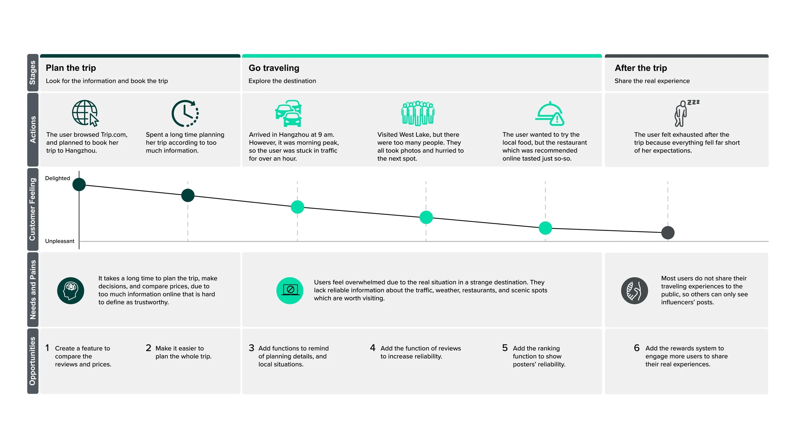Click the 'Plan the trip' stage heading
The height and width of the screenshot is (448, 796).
click(x=71, y=68)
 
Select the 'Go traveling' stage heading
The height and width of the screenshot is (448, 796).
click(x=274, y=68)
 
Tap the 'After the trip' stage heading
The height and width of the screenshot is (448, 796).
click(x=641, y=68)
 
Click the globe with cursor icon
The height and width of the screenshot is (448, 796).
click(x=85, y=113)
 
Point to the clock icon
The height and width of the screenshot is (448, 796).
click(x=185, y=113)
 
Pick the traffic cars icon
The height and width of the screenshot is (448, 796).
click(x=288, y=113)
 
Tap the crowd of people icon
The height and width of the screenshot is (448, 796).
click(x=418, y=113)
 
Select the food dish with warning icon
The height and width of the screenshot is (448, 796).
click(x=550, y=114)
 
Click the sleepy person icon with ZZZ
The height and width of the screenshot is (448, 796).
click(x=685, y=113)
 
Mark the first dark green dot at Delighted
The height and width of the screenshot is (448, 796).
click(x=79, y=184)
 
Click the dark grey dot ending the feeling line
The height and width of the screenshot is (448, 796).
click(x=668, y=233)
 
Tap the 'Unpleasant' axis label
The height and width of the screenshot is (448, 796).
click(x=60, y=241)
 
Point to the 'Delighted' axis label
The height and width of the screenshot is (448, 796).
click(x=57, y=178)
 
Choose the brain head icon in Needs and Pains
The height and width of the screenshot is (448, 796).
click(x=71, y=291)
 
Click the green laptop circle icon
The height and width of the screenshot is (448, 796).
click(x=290, y=291)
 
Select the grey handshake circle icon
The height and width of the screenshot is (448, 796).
click(x=634, y=291)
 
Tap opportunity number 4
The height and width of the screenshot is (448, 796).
click(x=373, y=348)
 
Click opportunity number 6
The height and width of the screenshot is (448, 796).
click(x=636, y=348)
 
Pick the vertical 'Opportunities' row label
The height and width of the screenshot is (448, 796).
click(x=32, y=361)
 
